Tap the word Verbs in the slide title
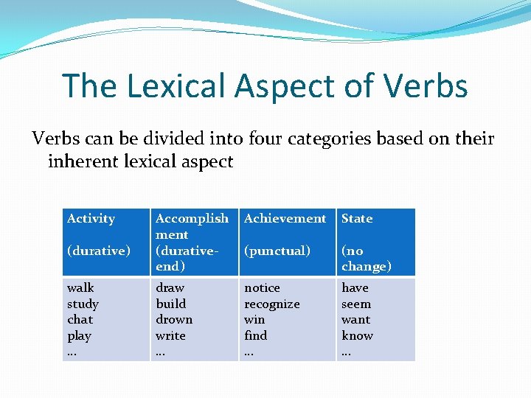pos(427,85)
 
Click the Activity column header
pos(91,219)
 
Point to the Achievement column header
pos(285,219)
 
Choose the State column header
pos(357,219)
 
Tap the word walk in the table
pos(80,287)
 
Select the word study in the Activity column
pos(83,304)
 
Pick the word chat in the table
pos(80,319)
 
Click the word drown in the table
pos(174,319)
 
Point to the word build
pos(170,304)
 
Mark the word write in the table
pos(170,335)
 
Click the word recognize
pos(271,304)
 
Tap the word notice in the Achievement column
pos(262,287)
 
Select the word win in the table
pos(254,319)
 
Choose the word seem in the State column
pos(356,304)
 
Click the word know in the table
pos(357,335)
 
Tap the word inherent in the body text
pos(86,161)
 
